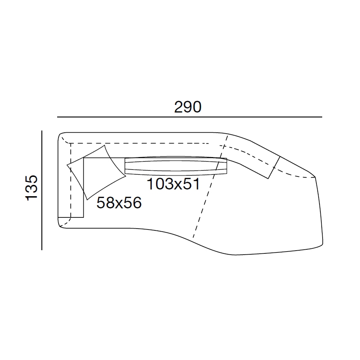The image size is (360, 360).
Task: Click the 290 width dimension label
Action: click(x=188, y=107)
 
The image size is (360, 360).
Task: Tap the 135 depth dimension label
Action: click(x=31, y=188)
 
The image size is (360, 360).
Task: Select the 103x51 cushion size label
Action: click(x=173, y=184)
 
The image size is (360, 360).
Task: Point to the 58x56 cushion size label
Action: click(x=119, y=203)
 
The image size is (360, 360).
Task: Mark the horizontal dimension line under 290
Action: click(x=189, y=117)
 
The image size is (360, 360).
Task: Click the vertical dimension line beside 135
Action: click(x=42, y=190)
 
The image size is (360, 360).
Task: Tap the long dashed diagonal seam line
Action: click(x=210, y=186)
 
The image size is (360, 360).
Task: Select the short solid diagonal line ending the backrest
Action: click(x=274, y=167)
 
